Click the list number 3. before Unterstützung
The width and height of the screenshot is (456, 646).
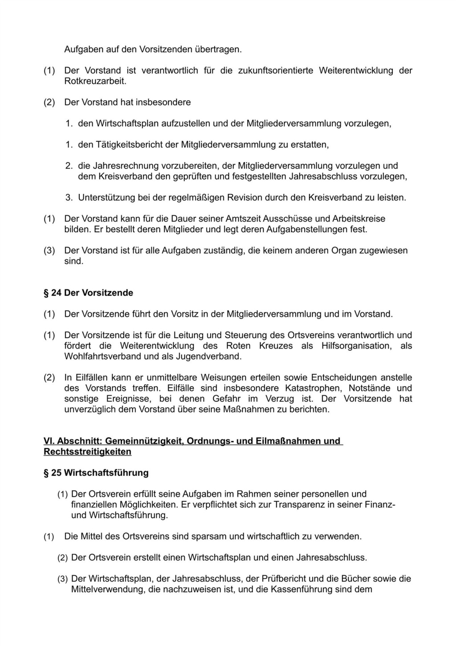(x=69, y=197)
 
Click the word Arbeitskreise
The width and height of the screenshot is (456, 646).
(x=358, y=219)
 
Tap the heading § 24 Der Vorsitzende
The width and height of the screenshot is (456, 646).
(x=88, y=293)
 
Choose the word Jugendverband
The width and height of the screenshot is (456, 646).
(x=210, y=356)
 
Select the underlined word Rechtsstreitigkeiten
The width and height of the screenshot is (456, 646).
(x=87, y=452)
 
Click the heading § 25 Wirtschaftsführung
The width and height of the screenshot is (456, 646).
(x=96, y=473)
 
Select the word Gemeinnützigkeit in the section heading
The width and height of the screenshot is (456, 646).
(x=144, y=441)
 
